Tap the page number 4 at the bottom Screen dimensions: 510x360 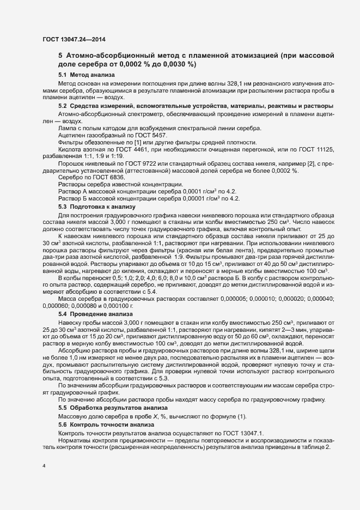pos(44,466)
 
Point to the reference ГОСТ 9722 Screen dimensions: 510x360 pos(145,163)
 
